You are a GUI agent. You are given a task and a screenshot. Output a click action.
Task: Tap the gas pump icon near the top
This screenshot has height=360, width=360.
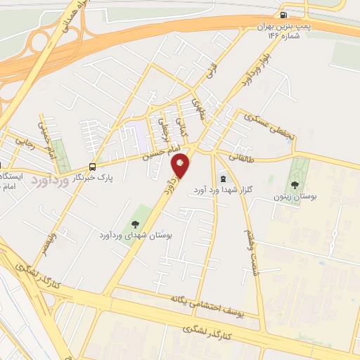(283, 14)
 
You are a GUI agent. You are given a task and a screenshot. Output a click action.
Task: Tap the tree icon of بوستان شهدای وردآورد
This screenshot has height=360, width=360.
(136, 225)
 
